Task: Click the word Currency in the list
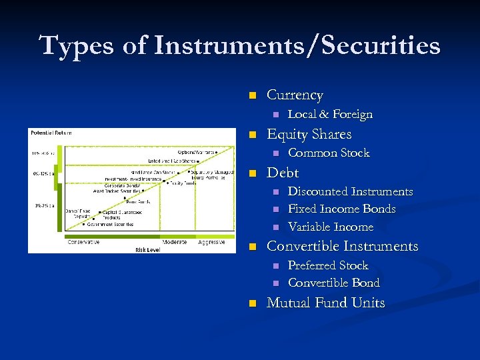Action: pyautogui.click(x=295, y=95)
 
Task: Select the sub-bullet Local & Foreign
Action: pyautogui.click(x=330, y=115)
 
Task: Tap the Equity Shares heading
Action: pyautogui.click(x=309, y=134)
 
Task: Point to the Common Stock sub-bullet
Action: pyautogui.click(x=328, y=153)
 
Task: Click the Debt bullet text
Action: pyautogui.click(x=283, y=173)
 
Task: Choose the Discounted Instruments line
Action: pyautogui.click(x=350, y=192)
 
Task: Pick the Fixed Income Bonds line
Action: pyautogui.click(x=341, y=209)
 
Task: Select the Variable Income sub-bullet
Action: pyautogui.click(x=330, y=227)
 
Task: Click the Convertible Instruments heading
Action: pyautogui.click(x=342, y=246)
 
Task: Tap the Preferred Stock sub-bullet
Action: pyautogui.click(x=327, y=265)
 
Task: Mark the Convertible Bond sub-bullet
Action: pyautogui.click(x=333, y=283)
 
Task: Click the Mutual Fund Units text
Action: pyautogui.click(x=325, y=303)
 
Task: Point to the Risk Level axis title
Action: pyautogui.click(x=148, y=250)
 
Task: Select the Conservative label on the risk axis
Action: pyautogui.click(x=83, y=242)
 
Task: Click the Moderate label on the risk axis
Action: pyautogui.click(x=175, y=242)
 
